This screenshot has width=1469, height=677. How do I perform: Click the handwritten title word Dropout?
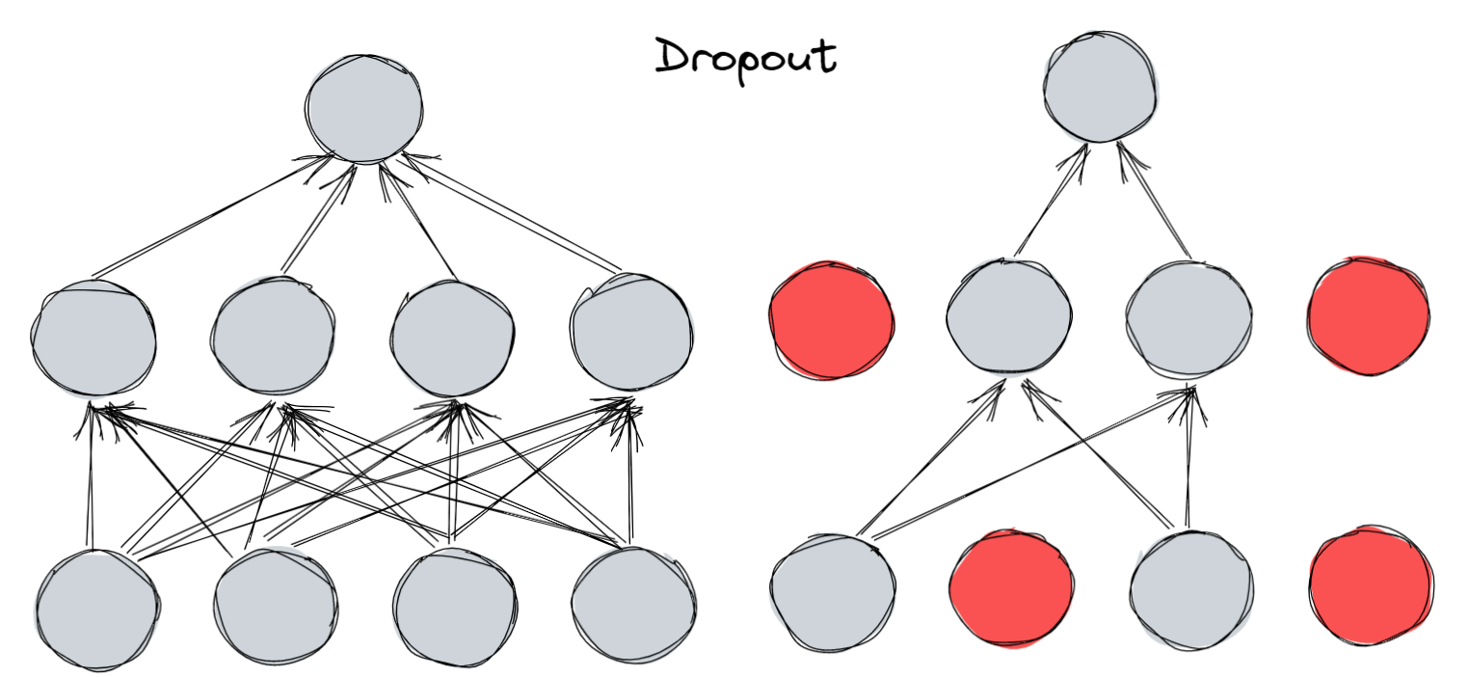(x=745, y=58)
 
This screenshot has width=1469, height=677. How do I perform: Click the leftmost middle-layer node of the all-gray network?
(x=93, y=337)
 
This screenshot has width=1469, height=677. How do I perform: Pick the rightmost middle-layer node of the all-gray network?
(x=631, y=333)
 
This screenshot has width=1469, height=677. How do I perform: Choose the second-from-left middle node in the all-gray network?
(x=273, y=337)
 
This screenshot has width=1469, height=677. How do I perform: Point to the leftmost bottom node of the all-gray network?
(x=97, y=609)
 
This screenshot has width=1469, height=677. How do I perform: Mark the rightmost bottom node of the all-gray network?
(x=632, y=606)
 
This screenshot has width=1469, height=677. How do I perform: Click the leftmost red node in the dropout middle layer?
(x=831, y=319)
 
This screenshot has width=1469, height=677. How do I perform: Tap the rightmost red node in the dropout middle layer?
(x=1369, y=314)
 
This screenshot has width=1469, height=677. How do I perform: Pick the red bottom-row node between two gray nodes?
(x=1011, y=587)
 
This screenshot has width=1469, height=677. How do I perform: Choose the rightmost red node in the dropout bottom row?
(x=1371, y=584)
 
